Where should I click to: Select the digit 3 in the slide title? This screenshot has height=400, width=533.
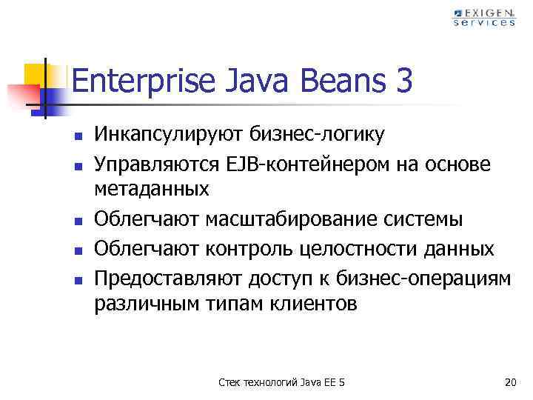[x=403, y=81]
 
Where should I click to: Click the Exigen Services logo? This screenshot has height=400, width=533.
[x=484, y=17]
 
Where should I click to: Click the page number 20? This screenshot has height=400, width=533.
[x=509, y=382]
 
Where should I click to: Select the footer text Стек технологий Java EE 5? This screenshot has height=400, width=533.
[x=282, y=382]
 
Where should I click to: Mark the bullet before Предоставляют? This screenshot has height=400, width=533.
[x=76, y=277]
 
